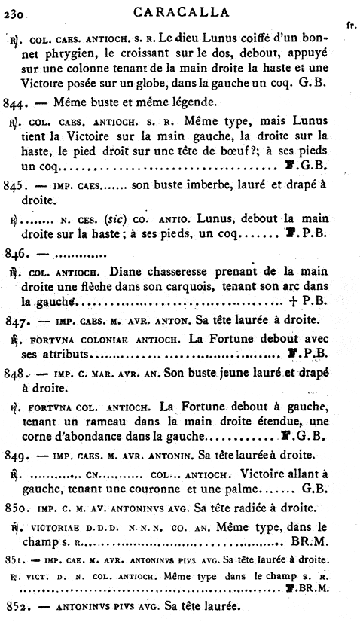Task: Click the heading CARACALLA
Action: [x=179, y=11]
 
